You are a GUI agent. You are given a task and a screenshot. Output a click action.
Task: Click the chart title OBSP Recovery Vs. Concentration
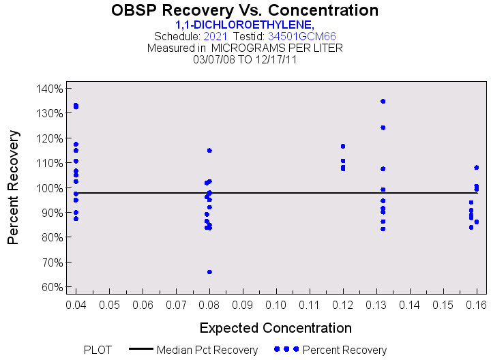(244, 11)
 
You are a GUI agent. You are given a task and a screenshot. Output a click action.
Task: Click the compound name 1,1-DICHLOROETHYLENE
(244, 25)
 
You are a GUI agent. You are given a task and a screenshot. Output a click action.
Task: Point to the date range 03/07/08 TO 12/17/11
(245, 59)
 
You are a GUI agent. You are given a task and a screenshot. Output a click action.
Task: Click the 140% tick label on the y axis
(50, 89)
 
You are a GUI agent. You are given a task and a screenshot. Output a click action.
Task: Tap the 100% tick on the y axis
(50, 188)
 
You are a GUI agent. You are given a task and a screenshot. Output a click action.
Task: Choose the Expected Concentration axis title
(276, 328)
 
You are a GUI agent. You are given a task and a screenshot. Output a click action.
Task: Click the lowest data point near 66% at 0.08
(209, 272)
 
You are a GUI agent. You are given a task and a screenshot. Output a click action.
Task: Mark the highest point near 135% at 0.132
(383, 102)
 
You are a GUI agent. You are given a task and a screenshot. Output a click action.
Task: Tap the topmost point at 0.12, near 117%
(343, 147)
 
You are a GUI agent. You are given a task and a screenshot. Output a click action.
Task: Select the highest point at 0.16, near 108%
(477, 168)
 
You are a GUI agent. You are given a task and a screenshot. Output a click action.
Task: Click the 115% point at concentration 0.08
(209, 151)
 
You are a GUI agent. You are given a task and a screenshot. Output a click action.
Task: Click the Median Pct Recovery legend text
(207, 350)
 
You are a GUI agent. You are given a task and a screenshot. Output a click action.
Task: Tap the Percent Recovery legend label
(344, 350)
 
